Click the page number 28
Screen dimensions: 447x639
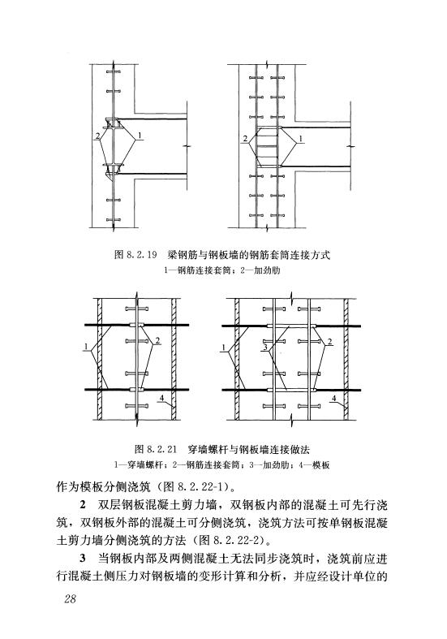[x=70, y=598]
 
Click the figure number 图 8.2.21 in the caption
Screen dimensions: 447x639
[x=156, y=450]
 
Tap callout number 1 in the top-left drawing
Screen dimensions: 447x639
[x=140, y=135]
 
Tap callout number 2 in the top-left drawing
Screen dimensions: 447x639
[x=97, y=136]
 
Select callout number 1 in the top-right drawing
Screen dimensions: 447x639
[x=300, y=139]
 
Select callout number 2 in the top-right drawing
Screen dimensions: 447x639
[x=245, y=139]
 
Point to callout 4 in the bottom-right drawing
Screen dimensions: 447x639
[x=333, y=398]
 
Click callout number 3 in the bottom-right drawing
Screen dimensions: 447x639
[x=265, y=348]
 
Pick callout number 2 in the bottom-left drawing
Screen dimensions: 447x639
[x=157, y=341]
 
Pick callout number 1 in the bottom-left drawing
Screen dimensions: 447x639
[x=86, y=347]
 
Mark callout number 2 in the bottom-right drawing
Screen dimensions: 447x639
[x=329, y=341]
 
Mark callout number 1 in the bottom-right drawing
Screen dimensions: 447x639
[x=224, y=348]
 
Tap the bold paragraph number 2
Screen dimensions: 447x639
[x=83, y=505]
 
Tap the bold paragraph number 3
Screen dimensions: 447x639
[x=83, y=559]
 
